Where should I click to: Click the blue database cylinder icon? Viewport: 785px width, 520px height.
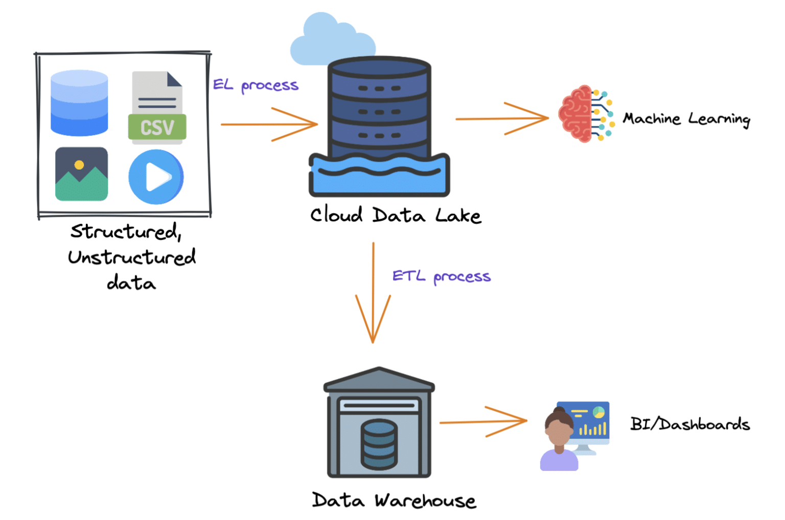(79, 103)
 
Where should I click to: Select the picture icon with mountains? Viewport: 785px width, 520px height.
(81, 174)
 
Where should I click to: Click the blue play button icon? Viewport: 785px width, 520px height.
(156, 177)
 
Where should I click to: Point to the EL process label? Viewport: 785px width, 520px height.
(255, 85)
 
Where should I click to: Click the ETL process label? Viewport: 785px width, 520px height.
(441, 277)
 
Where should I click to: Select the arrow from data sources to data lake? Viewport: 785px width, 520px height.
(269, 124)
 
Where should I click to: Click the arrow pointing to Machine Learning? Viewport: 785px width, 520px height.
(502, 119)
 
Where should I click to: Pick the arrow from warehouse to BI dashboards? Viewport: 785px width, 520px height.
(483, 422)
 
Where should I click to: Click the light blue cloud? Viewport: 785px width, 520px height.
(327, 41)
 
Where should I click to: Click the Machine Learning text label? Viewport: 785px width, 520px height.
(686, 119)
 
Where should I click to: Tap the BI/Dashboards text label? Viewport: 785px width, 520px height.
(689, 424)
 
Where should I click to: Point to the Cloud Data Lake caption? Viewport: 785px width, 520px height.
(396, 215)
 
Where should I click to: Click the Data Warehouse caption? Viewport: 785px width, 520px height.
(394, 500)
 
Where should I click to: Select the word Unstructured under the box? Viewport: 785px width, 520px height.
(132, 257)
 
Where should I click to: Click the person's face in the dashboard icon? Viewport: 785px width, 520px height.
(558, 433)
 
